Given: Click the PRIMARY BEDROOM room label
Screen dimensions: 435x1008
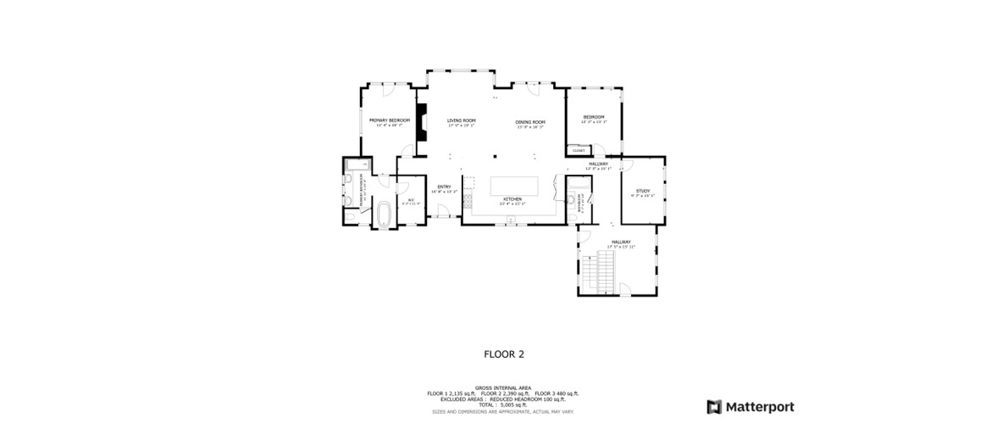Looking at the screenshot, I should [389, 120].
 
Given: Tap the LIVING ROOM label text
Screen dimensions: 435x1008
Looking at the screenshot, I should [462, 120].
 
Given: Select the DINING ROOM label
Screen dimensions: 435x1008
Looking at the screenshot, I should [530, 122].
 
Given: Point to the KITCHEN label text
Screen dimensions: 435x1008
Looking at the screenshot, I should [512, 200].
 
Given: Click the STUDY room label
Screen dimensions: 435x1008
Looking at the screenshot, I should [643, 192].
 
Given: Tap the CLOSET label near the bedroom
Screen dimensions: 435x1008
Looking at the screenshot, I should [579, 150].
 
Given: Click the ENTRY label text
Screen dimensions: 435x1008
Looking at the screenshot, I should [444, 187].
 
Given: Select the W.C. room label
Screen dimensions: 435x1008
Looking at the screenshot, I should [410, 201].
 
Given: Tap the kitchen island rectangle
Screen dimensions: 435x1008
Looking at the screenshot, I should [515, 186].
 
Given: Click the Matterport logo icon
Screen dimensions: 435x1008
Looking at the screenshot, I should [714, 407].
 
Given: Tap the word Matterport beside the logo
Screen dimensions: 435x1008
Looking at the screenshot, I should [761, 407].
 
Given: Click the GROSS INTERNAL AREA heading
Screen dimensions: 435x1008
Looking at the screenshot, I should [503, 388].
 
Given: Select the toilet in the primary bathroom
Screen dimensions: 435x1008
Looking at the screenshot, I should [348, 215].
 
